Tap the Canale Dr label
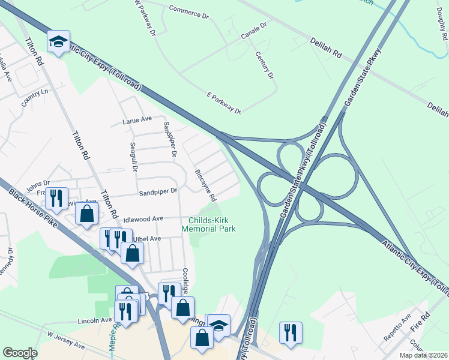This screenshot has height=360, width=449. coord(254,29)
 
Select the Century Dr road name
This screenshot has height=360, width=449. coord(265,66)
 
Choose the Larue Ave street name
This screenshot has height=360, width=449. coord(137,120)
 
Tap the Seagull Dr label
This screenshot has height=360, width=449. coord(134,157)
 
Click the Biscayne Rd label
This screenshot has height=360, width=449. coord(205,185)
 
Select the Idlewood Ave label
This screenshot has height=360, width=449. coord(143,220)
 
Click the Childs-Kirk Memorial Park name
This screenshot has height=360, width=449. coord(209,224)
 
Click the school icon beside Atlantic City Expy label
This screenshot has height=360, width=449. coord(59,41)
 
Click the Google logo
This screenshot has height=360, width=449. coord(20,353)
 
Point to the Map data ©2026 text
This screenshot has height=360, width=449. coord(423,356)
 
